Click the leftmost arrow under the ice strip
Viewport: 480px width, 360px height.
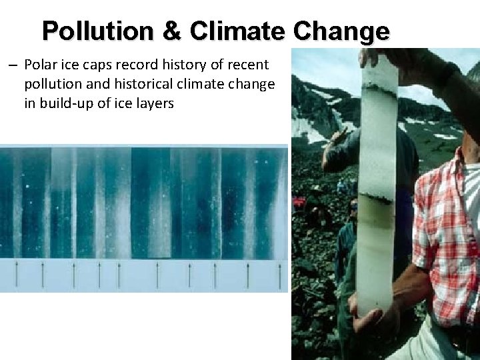[16, 273]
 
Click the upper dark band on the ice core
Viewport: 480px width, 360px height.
[378, 87]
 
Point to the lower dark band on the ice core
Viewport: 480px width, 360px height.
[376, 199]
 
